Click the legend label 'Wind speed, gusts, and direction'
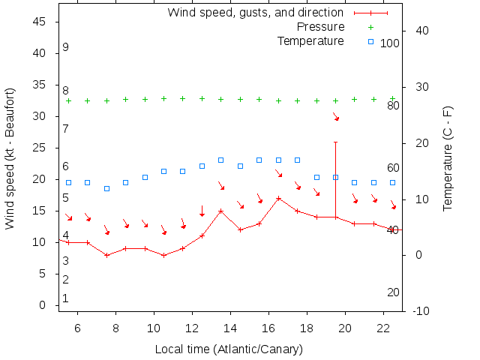(x=256, y=13)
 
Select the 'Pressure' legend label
(x=320, y=27)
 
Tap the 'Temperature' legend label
(x=310, y=40)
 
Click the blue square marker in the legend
(x=370, y=41)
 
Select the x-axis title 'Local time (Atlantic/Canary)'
(x=228, y=349)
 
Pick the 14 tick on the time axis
(x=230, y=328)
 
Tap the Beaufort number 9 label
(x=66, y=47)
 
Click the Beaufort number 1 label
(x=66, y=298)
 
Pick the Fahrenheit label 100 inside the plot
(x=390, y=43)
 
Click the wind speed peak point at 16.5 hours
(x=278, y=199)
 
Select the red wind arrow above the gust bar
(x=336, y=116)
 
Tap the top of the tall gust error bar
(x=335, y=142)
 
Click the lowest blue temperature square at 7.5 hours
(x=106, y=188)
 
